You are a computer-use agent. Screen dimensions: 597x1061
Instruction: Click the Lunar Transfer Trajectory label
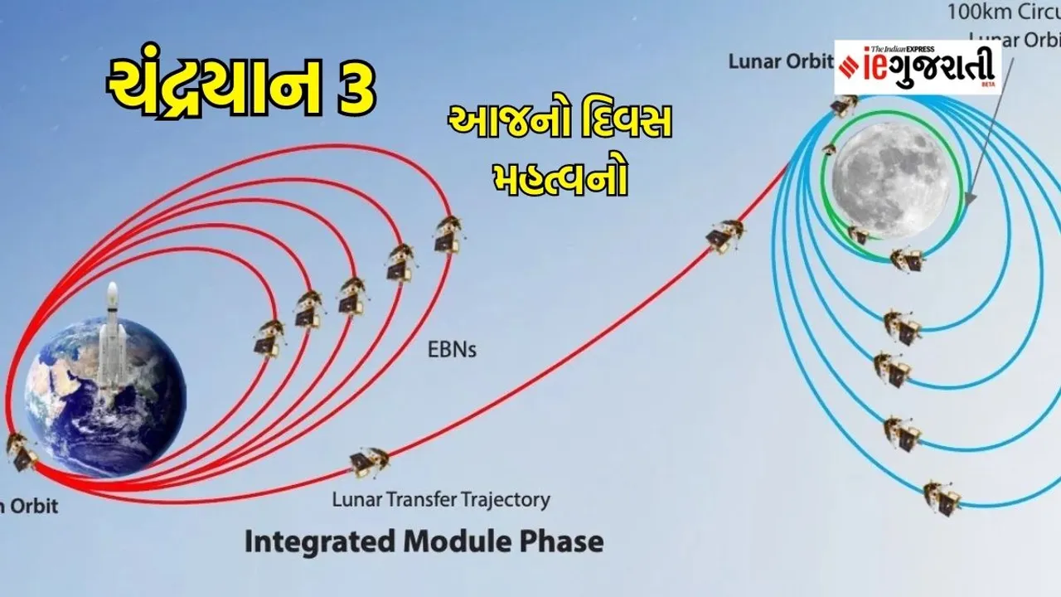pos(440,500)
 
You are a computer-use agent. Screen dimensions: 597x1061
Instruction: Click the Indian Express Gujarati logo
pos(917,66)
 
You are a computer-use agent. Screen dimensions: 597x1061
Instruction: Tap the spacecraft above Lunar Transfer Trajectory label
pos(370,461)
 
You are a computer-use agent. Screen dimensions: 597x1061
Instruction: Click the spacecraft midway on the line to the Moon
pos(725,235)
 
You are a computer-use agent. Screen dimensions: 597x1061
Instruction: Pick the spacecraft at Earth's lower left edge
pos(21,451)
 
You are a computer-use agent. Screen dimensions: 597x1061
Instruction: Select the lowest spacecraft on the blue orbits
pos(942,497)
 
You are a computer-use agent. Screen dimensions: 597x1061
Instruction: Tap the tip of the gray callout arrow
pos(968,201)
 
